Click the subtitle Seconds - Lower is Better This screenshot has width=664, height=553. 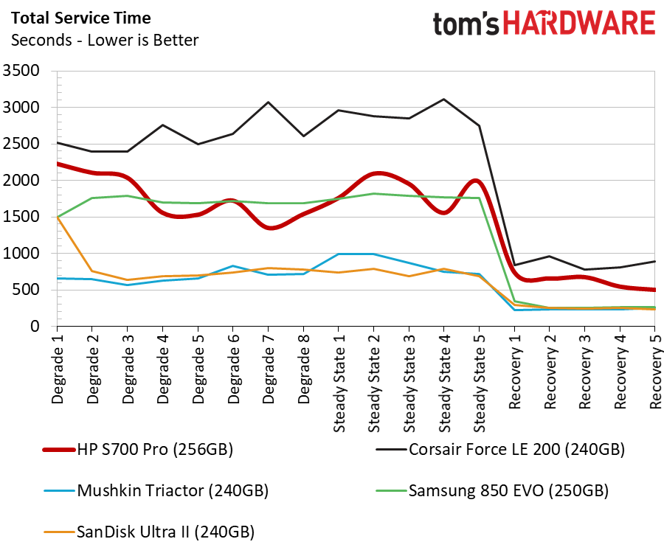click(104, 40)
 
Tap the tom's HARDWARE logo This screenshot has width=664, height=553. click(544, 24)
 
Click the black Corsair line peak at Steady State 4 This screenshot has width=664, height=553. click(443, 99)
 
